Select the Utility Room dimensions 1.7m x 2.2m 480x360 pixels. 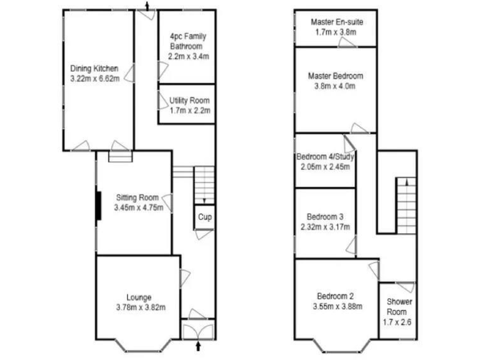tap(189, 111)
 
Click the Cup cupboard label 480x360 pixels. tap(204, 217)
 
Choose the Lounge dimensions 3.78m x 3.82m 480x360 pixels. tap(139, 307)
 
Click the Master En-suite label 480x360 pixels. tap(336, 22)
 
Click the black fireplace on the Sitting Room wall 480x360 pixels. tap(98, 204)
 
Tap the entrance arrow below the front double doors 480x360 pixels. tap(199, 346)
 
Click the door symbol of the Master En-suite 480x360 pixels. tap(345, 42)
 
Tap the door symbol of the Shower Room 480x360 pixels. tap(405, 287)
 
